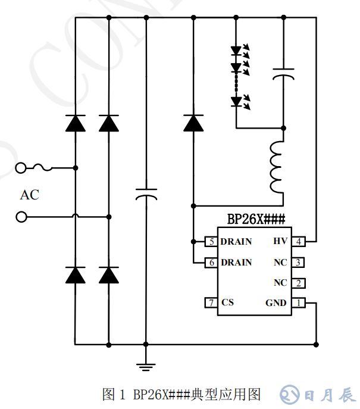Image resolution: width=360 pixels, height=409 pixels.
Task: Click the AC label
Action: click(x=29, y=194)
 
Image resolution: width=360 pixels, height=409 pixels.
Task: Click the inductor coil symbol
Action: click(x=277, y=167)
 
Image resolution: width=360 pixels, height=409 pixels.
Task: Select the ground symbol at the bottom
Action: click(x=146, y=366)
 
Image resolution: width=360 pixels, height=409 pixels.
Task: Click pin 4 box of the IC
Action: click(x=299, y=242)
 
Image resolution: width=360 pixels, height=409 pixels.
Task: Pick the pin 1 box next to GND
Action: click(x=299, y=303)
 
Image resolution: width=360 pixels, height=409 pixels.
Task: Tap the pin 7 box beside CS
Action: click(x=211, y=303)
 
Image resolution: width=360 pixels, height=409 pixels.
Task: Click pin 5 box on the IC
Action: click(x=211, y=242)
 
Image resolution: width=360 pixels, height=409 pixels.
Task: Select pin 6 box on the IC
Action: click(x=211, y=263)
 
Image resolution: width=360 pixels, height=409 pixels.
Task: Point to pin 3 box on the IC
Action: click(x=299, y=263)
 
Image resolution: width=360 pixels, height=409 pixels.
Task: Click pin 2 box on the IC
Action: click(x=299, y=283)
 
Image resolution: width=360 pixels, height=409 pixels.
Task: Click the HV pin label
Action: click(x=280, y=242)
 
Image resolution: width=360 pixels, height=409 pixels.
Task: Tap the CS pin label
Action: click(x=227, y=303)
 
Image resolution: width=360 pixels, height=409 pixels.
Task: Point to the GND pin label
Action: click(x=276, y=303)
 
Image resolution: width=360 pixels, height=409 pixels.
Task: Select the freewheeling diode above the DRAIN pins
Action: click(x=193, y=123)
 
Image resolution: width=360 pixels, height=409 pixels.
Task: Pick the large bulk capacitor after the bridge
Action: click(x=146, y=195)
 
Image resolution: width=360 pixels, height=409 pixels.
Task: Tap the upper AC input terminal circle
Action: click(x=21, y=168)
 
